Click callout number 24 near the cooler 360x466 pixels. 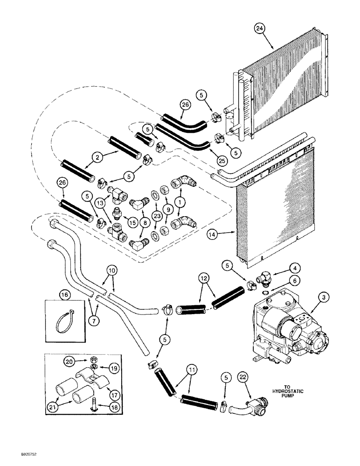(x=260, y=29)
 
